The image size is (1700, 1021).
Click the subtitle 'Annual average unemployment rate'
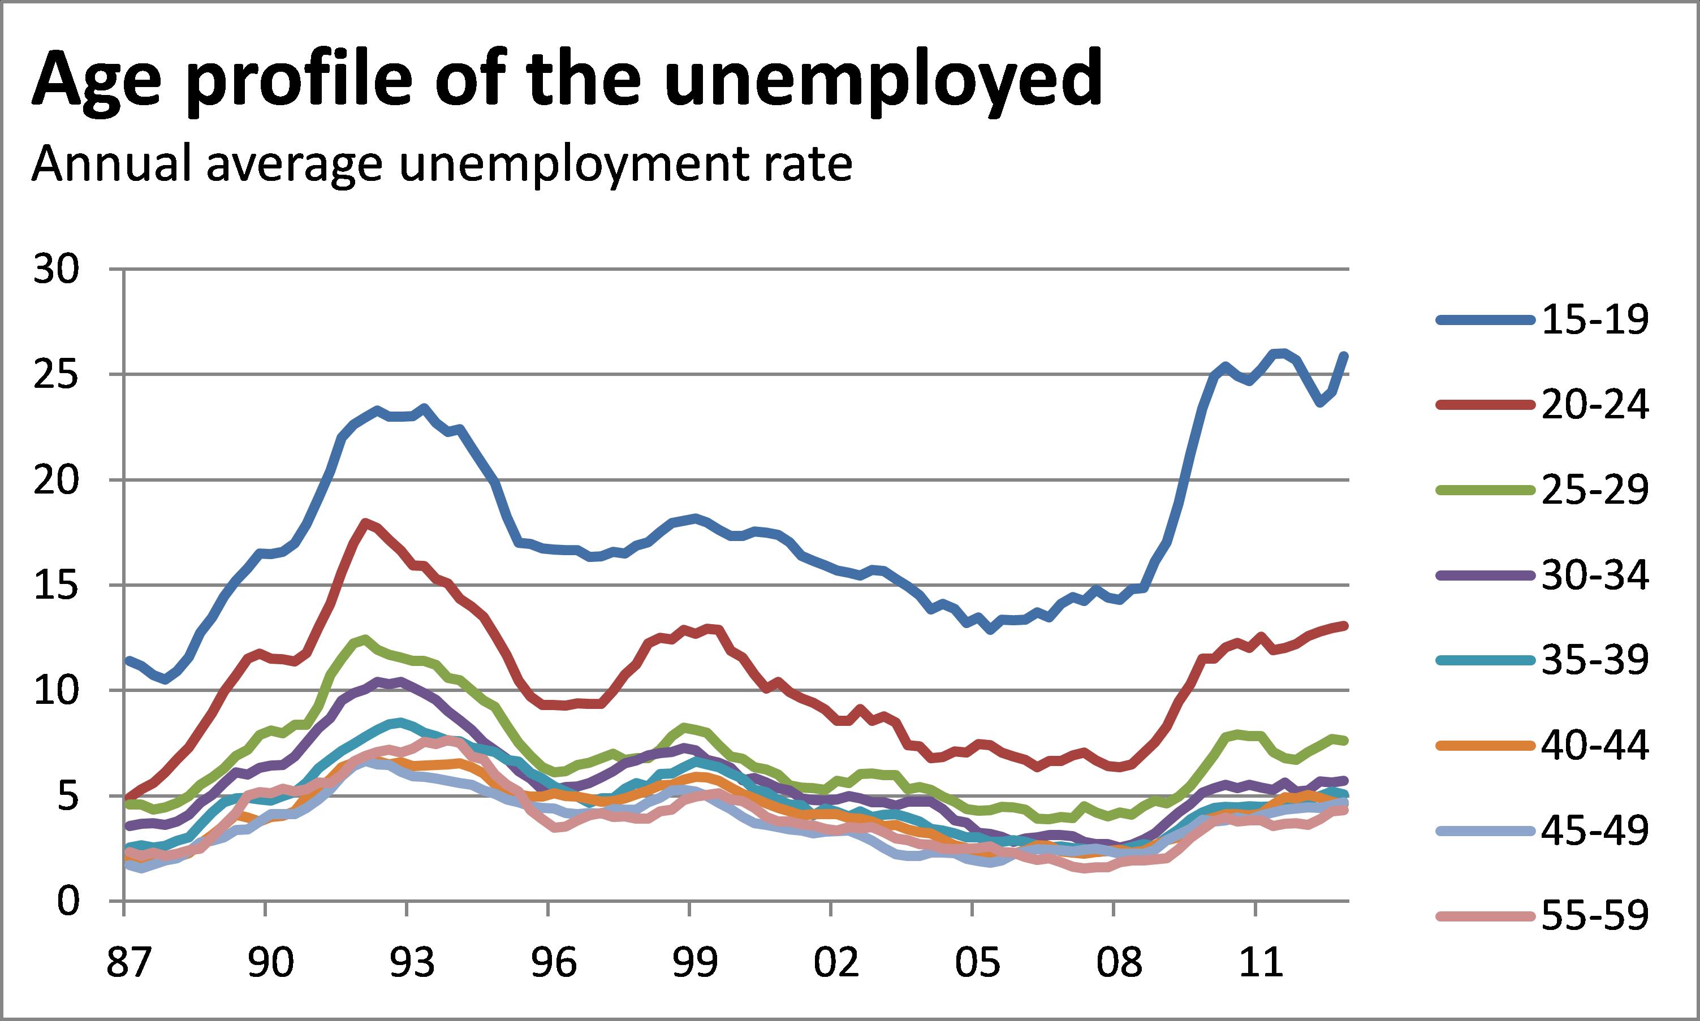(442, 165)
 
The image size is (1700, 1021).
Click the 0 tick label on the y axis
(68, 901)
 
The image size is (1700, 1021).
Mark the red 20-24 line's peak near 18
(366, 522)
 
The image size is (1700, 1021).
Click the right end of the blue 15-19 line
(1344, 356)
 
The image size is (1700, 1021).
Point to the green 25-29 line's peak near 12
(364, 638)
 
